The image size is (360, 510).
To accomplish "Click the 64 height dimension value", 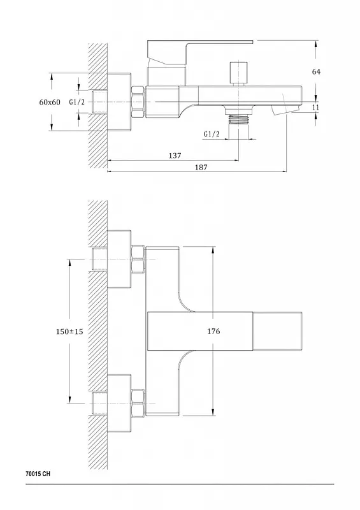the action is pos(316,71).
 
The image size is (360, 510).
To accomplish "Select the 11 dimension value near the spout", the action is pos(315,107).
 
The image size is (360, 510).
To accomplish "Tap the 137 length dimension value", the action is pos(175,156).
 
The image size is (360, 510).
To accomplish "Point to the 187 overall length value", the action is pos(201,167).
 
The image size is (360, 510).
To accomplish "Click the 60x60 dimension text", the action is pos(50,102).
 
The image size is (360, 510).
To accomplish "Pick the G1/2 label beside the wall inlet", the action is pos(76,102).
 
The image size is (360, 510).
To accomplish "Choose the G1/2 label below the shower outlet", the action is pos(212,134).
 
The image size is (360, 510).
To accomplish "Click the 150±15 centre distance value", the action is pos(69,331).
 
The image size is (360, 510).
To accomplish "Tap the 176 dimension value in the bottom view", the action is pos(213,331).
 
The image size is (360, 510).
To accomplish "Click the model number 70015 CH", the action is pos(38,474).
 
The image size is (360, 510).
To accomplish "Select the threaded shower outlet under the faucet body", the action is pos(239,119).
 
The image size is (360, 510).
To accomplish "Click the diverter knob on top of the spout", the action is pos(239,73).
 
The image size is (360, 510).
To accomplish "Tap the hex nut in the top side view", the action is pos(138,101).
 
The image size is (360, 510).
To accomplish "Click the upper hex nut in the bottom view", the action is pos(138,259).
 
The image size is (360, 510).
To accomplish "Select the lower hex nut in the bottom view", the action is pos(138,403).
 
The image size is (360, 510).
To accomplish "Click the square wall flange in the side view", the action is pos(119,102).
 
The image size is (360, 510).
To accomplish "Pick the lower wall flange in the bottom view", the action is pos(119,404).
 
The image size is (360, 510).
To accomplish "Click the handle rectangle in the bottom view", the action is pos(200,331).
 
